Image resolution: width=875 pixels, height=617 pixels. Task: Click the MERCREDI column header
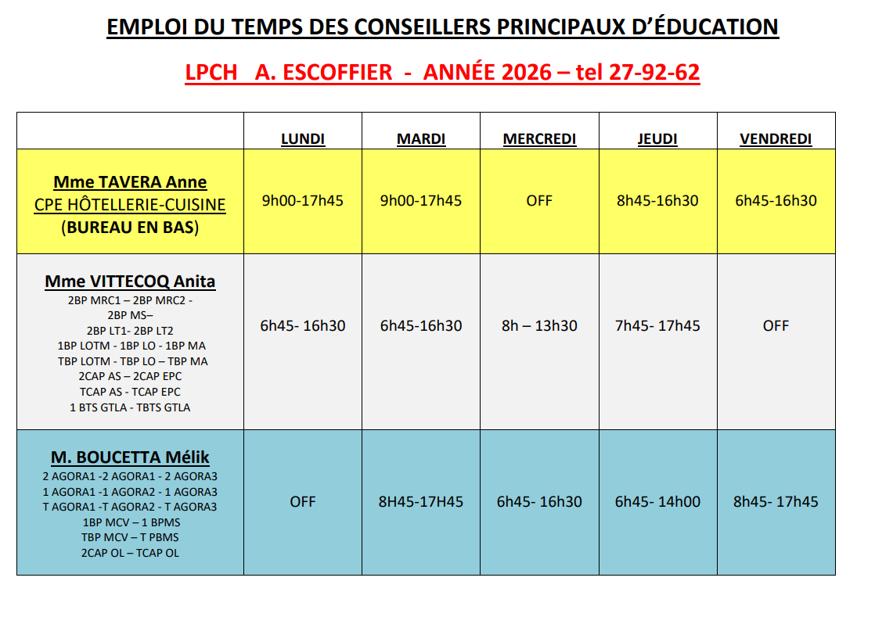(x=539, y=139)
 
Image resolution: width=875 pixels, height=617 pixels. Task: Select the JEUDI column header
(x=657, y=139)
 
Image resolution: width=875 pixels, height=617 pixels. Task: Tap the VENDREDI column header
(x=776, y=139)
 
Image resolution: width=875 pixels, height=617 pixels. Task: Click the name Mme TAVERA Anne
(x=130, y=182)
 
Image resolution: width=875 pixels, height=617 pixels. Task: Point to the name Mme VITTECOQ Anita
(x=130, y=282)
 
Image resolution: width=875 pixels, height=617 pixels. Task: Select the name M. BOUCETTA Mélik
(x=130, y=457)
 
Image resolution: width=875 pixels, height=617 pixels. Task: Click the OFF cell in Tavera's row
(x=539, y=201)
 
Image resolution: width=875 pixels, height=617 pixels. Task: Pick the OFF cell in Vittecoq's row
(x=776, y=326)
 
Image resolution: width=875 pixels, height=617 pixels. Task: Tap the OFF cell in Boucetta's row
(x=302, y=502)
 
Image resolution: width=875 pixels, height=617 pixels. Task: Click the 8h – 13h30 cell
(x=539, y=326)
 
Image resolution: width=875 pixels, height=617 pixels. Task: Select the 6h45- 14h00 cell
(x=657, y=502)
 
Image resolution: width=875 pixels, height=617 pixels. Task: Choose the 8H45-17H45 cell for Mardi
(x=421, y=502)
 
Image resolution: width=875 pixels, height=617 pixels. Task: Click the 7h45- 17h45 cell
(x=657, y=326)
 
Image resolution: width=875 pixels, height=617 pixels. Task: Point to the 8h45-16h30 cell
(x=657, y=201)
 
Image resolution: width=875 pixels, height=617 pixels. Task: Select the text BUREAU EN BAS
(x=130, y=228)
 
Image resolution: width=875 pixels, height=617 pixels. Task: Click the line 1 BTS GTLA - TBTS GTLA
(x=130, y=407)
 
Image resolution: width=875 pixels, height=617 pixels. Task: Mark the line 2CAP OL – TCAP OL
(x=130, y=553)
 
